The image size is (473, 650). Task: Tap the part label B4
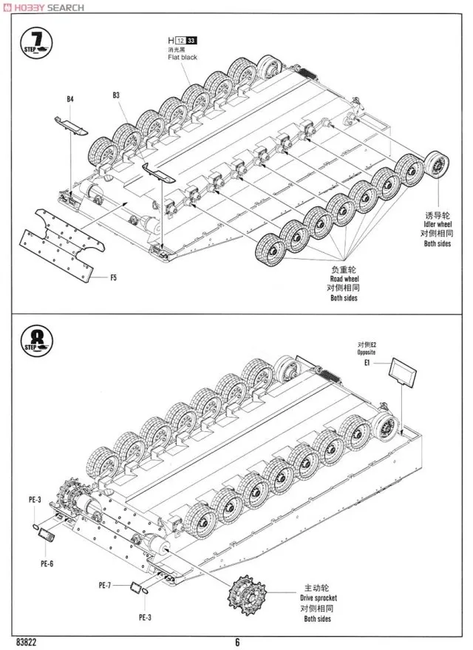click(70, 98)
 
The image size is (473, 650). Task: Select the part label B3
click(117, 95)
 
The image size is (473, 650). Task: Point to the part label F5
click(113, 278)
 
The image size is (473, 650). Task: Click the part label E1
click(367, 364)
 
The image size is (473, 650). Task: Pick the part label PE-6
click(47, 563)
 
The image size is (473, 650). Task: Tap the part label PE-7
click(104, 585)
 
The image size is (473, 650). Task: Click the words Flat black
click(183, 57)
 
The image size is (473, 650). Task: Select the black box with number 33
click(192, 40)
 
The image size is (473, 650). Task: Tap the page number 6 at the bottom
click(237, 641)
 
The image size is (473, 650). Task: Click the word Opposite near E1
click(367, 353)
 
